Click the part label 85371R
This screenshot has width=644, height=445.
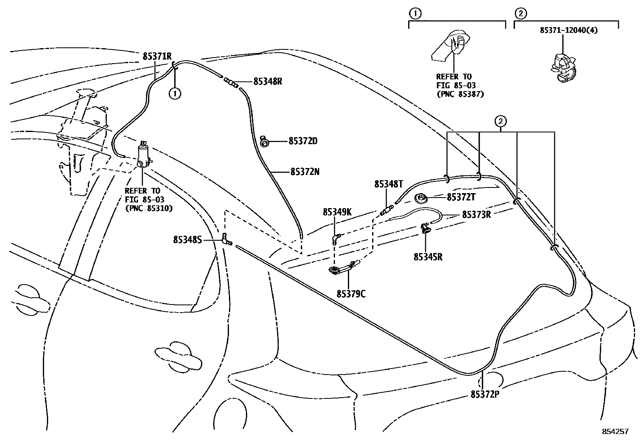tap(157, 56)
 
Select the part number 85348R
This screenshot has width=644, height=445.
tap(267, 81)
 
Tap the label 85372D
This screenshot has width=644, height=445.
tap(303, 141)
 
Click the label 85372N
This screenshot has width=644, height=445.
tap(305, 172)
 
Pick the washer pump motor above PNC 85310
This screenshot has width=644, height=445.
tap(143, 155)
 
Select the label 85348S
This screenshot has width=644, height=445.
tap(187, 240)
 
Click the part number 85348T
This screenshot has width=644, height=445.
tap(388, 184)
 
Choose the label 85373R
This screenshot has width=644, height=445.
tap(476, 215)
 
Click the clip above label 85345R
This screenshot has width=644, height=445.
tap(426, 229)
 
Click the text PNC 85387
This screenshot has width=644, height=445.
tap(460, 94)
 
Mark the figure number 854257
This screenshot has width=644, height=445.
tap(615, 432)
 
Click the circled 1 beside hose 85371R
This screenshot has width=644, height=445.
tap(175, 94)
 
